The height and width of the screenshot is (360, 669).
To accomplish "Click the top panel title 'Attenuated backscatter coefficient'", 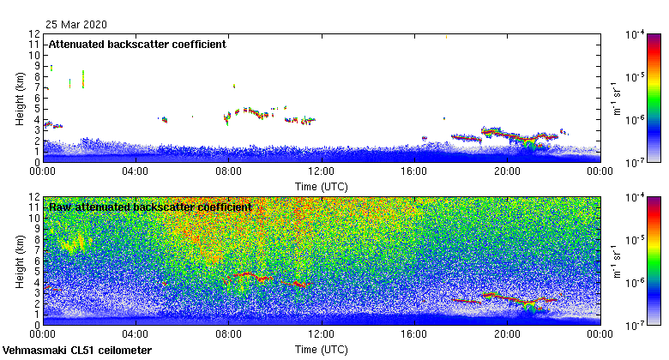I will pyautogui.click(x=137, y=45).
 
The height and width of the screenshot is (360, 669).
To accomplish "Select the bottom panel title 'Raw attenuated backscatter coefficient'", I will pyautogui.click(x=149, y=207).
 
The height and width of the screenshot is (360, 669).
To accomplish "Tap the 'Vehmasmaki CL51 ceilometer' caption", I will pyautogui.click(x=77, y=351).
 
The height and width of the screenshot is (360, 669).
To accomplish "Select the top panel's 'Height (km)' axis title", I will pyautogui.click(x=19, y=98).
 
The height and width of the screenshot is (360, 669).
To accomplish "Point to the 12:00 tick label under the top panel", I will pyautogui.click(x=321, y=171).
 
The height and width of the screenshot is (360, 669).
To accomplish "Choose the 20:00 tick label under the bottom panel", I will pyautogui.click(x=507, y=336).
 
